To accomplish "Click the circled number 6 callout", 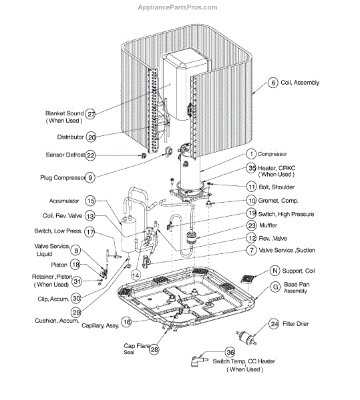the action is [x=273, y=83].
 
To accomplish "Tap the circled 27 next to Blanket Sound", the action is [x=90, y=114].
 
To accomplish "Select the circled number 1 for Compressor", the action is [x=251, y=154].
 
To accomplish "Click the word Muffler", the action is [x=268, y=225].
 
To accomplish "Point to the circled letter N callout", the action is [x=275, y=271].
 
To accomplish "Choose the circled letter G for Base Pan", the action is [x=275, y=287].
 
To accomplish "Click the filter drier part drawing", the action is [x=246, y=337].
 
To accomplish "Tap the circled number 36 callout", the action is [x=230, y=352].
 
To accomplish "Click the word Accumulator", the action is [x=64, y=201].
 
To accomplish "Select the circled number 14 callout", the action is [x=136, y=275].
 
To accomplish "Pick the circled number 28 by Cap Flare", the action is [x=154, y=349].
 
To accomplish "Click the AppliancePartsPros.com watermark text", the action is [x=178, y=7].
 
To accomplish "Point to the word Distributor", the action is [x=71, y=137].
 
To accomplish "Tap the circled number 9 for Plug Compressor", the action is [x=90, y=177].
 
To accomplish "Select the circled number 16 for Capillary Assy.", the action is [x=127, y=322].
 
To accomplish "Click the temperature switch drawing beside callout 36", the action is [x=198, y=361].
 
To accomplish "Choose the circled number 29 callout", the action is [x=76, y=312].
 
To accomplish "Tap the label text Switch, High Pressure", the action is [x=286, y=214].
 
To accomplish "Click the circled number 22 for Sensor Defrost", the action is [x=90, y=155].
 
